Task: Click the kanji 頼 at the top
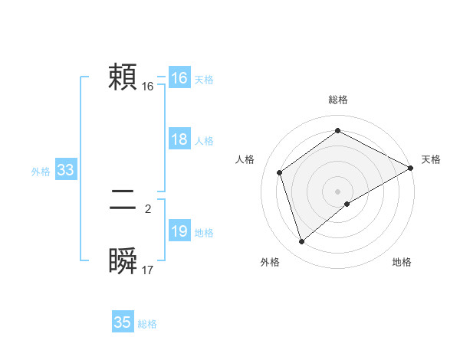point(123,77)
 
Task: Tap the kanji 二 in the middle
point(123,201)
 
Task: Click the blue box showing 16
point(179,78)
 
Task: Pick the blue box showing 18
point(179,139)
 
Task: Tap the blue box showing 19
point(179,231)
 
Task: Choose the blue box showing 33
point(65,170)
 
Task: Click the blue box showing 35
point(122,322)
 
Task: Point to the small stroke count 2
point(148,208)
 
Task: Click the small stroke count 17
point(148,270)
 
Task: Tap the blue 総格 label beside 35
point(147,324)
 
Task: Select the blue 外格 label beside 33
point(41,172)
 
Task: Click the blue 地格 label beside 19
point(204,233)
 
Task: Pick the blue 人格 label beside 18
point(204,141)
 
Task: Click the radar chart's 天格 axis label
point(431,159)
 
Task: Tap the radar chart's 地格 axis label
point(402,263)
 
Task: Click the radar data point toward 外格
point(302,242)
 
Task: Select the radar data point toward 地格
point(347,204)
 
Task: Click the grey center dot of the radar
point(337,190)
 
